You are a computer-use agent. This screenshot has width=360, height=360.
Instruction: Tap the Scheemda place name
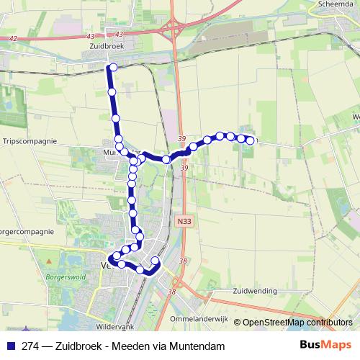[x=334, y=3]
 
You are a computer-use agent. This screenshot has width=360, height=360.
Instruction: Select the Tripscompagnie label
[x=30, y=141]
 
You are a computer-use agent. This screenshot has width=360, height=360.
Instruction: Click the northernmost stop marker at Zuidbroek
[x=113, y=68]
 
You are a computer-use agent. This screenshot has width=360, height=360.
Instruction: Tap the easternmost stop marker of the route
[x=250, y=141]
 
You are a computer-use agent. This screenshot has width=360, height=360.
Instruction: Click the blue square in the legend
[x=11, y=346]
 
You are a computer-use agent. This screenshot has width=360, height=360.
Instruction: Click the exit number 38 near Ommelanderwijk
[x=171, y=292]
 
